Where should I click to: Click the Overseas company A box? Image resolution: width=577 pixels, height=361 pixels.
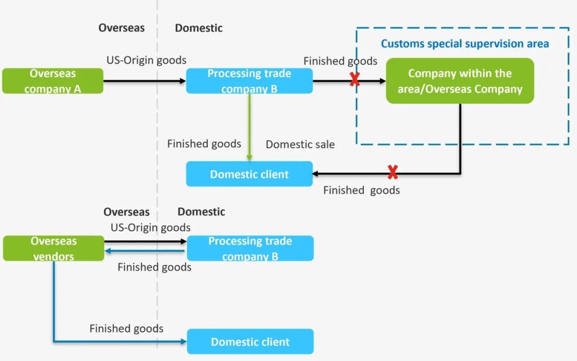click(52, 81)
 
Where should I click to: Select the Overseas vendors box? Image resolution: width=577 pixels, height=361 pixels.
click(53, 249)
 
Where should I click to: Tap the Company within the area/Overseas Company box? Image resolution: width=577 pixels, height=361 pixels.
click(460, 81)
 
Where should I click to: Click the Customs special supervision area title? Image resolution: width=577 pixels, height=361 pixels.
click(465, 44)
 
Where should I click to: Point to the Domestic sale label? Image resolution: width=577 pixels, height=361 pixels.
click(300, 144)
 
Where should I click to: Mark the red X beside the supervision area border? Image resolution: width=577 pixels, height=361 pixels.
click(354, 80)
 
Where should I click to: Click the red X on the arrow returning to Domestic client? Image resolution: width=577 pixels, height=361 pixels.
click(393, 173)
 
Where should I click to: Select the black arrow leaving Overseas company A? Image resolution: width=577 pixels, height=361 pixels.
click(144, 81)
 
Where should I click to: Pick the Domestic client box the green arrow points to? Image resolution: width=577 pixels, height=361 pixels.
click(249, 174)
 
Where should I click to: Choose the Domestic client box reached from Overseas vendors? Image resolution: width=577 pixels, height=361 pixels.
click(250, 342)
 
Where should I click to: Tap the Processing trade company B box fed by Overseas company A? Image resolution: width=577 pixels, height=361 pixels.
click(249, 81)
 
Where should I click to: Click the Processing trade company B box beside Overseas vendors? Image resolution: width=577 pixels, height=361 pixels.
click(250, 249)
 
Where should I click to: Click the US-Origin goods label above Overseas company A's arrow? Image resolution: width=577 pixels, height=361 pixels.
click(146, 60)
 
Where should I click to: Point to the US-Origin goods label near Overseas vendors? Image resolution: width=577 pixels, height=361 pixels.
click(151, 228)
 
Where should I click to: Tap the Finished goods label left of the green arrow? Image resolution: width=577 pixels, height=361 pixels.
click(204, 144)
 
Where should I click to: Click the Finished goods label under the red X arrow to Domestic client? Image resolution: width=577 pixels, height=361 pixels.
click(361, 190)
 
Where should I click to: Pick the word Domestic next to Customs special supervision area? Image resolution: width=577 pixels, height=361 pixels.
click(199, 28)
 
